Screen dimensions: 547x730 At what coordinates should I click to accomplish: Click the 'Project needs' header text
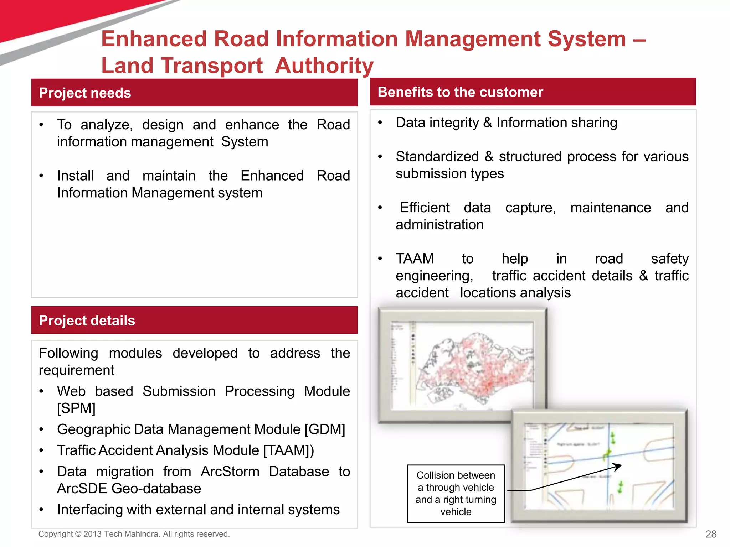coord(85,93)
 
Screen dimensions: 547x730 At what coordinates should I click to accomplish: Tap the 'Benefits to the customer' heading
coord(460,92)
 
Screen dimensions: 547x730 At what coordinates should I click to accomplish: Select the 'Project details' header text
coord(87,321)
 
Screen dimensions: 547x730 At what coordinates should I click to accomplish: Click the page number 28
coord(711,534)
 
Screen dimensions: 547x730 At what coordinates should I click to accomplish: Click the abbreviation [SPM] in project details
coord(76,408)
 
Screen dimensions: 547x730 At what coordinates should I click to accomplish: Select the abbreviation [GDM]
coord(325,429)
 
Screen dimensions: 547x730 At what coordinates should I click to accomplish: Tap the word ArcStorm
coord(230,472)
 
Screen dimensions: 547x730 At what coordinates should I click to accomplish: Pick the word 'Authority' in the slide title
coord(324,66)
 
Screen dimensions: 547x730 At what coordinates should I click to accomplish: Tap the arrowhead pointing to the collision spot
coord(618,466)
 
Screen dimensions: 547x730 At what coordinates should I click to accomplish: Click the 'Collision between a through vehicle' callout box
coord(456,493)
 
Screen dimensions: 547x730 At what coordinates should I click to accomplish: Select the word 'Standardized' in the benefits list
coord(437,157)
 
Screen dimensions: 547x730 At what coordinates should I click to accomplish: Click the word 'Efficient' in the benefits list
coord(425,208)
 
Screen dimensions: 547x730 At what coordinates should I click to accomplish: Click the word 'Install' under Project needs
coord(75,176)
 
